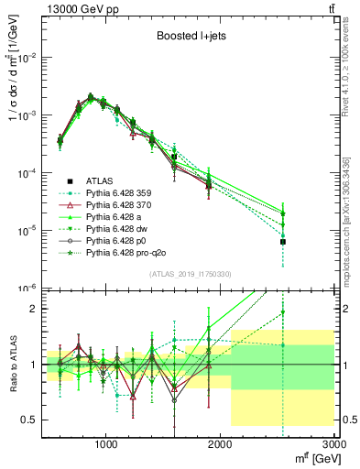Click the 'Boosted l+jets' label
191,38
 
